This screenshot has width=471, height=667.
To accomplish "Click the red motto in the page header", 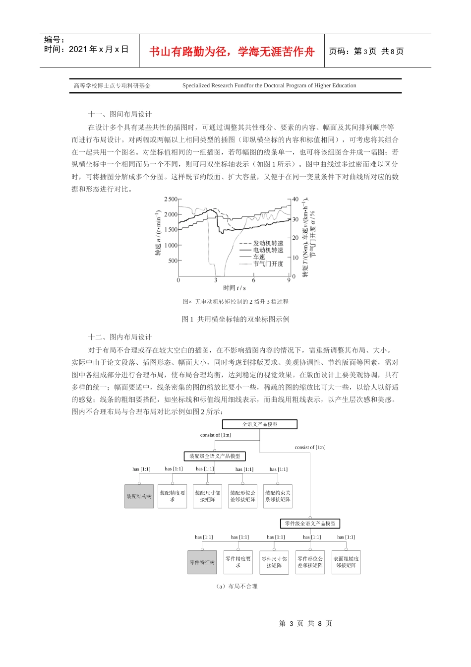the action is click(232, 52).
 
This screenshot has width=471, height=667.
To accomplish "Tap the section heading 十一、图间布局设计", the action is click(120, 114).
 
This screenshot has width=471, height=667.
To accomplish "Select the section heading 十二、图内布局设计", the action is click(120, 337).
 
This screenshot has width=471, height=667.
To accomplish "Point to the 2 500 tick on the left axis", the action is click(171, 199).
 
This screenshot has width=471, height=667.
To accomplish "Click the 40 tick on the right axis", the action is click(295, 199).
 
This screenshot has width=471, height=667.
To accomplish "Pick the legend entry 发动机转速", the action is click(268, 243).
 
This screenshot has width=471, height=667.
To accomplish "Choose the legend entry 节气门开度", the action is click(268, 264).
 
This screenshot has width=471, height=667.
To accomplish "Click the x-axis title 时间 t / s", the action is click(234, 288).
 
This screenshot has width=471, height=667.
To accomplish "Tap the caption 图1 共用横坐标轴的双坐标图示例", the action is click(235, 319).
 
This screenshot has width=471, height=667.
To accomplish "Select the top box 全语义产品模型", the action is click(260, 424).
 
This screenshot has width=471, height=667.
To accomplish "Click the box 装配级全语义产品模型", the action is click(215, 456).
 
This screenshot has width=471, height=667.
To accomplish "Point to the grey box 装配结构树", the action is click(139, 496).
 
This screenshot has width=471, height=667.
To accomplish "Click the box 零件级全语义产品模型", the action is click(310, 524).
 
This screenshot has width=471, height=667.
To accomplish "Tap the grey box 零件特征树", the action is click(202, 562).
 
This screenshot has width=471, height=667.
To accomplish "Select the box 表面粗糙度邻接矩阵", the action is click(346, 562).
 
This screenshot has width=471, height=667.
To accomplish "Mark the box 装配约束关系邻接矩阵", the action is click(278, 496).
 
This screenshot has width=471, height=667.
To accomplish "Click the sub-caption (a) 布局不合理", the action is click(236, 587).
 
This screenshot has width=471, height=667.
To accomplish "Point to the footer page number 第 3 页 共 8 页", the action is click(305, 623).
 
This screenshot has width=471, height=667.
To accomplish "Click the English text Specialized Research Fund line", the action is click(269, 85).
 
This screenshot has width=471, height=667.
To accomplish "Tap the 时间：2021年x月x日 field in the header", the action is click(86, 49).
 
